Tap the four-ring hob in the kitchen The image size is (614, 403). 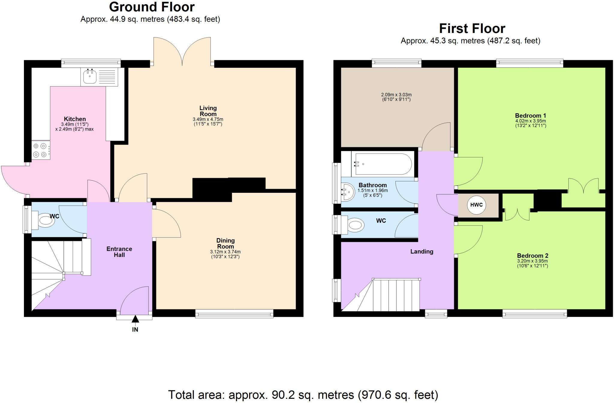tap(40, 150)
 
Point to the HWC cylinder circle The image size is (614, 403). tap(476, 205)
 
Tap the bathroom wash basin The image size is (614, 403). tap(347, 192)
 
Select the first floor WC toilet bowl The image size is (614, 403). tap(355, 225)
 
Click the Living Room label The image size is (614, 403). tap(208, 111)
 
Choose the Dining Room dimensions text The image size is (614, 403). tap(225, 254)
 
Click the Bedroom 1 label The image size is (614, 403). tap(530, 115)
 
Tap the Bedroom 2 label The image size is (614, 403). tap(532, 255)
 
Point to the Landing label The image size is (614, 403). tap(422, 252)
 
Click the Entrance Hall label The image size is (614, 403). tap(119, 252)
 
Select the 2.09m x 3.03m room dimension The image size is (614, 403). tap(396, 97)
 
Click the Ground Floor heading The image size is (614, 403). tap(152, 7)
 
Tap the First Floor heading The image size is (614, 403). tap(472, 28)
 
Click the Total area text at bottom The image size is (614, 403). tap(303, 395)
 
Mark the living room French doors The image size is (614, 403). tap(182, 51)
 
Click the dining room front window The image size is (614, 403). tap(234, 314)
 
